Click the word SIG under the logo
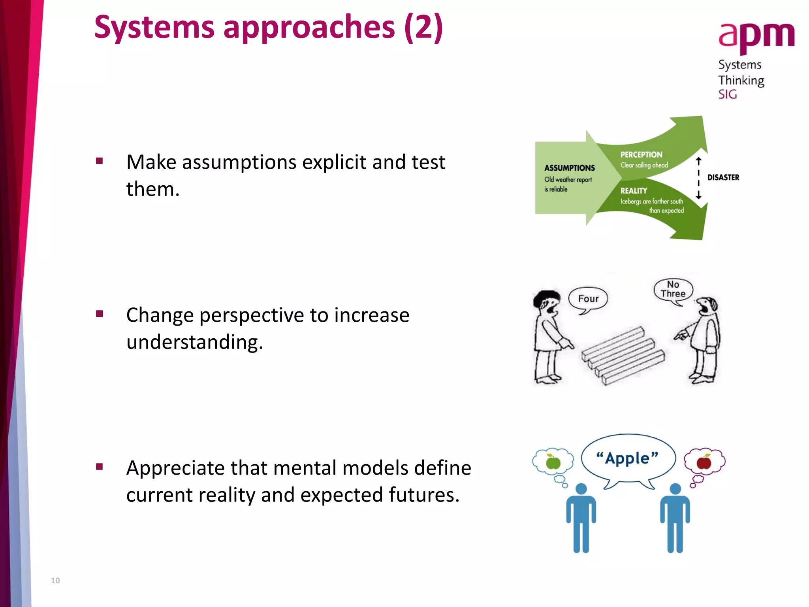(727, 94)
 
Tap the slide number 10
(55, 581)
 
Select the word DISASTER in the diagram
(723, 177)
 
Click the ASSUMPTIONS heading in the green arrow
(569, 168)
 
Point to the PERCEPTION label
(641, 155)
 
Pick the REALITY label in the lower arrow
(634, 191)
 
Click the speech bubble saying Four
(588, 299)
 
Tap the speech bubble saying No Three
(673, 290)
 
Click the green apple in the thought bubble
(553, 462)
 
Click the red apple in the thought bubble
(704, 462)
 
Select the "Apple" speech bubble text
(627, 458)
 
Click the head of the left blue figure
(581, 489)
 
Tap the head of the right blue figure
(675, 489)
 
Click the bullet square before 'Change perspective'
(100, 314)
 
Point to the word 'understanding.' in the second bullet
(194, 342)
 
